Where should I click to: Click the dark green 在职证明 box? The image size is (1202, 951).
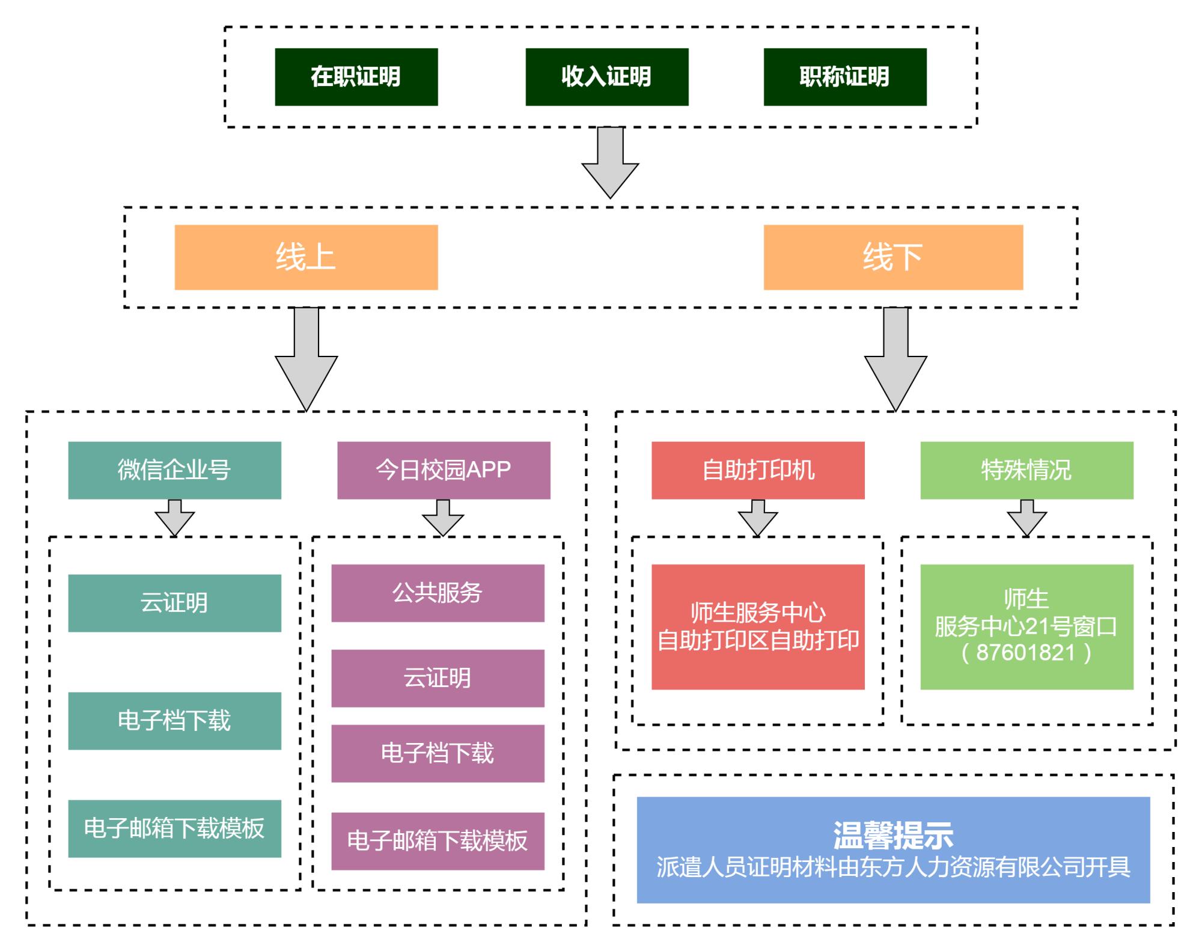(x=356, y=77)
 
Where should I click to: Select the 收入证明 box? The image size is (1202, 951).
(x=606, y=77)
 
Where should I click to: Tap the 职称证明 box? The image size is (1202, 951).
(x=844, y=77)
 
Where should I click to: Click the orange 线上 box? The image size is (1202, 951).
(x=306, y=257)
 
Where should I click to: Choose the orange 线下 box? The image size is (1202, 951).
(x=893, y=257)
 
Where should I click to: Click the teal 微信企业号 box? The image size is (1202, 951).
(x=174, y=470)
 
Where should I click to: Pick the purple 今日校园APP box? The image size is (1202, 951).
(x=444, y=470)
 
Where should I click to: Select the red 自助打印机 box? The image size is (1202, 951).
(x=758, y=470)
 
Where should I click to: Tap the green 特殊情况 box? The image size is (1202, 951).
(x=1027, y=470)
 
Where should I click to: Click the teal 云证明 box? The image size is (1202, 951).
(x=174, y=603)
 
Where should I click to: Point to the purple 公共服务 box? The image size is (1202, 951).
(x=438, y=593)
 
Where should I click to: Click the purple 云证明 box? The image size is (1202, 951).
(x=438, y=678)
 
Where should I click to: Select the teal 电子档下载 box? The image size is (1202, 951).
(x=174, y=721)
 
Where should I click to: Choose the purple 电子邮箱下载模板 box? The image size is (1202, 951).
(x=438, y=841)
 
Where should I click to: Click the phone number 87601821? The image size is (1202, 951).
(x=1026, y=653)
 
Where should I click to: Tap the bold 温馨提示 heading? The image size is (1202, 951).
(x=893, y=834)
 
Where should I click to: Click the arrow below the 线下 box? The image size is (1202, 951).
(x=895, y=361)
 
